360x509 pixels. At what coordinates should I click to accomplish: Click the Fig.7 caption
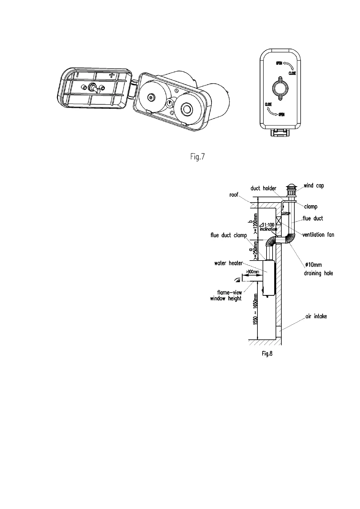(197, 157)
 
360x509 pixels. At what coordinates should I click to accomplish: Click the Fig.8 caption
(267, 354)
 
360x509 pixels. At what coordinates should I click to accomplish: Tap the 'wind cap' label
(314, 186)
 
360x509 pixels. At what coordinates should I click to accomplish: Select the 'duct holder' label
(263, 188)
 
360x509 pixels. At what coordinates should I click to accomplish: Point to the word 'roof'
(234, 195)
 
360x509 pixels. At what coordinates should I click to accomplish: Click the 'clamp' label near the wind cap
(311, 207)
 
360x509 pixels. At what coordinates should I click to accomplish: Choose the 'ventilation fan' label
(318, 235)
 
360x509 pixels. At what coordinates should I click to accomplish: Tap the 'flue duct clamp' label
(229, 235)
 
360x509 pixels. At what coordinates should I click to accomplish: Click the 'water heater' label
(228, 263)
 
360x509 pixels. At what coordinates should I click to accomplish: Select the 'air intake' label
(316, 316)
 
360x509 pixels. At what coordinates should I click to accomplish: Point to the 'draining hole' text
(318, 273)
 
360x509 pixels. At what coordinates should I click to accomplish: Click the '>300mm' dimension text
(252, 272)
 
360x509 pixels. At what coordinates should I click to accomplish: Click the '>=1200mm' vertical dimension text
(256, 224)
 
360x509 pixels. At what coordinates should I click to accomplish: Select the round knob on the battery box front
(279, 88)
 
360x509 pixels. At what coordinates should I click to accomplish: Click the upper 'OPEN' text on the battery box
(279, 63)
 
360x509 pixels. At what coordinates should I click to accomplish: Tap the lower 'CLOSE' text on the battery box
(268, 105)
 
